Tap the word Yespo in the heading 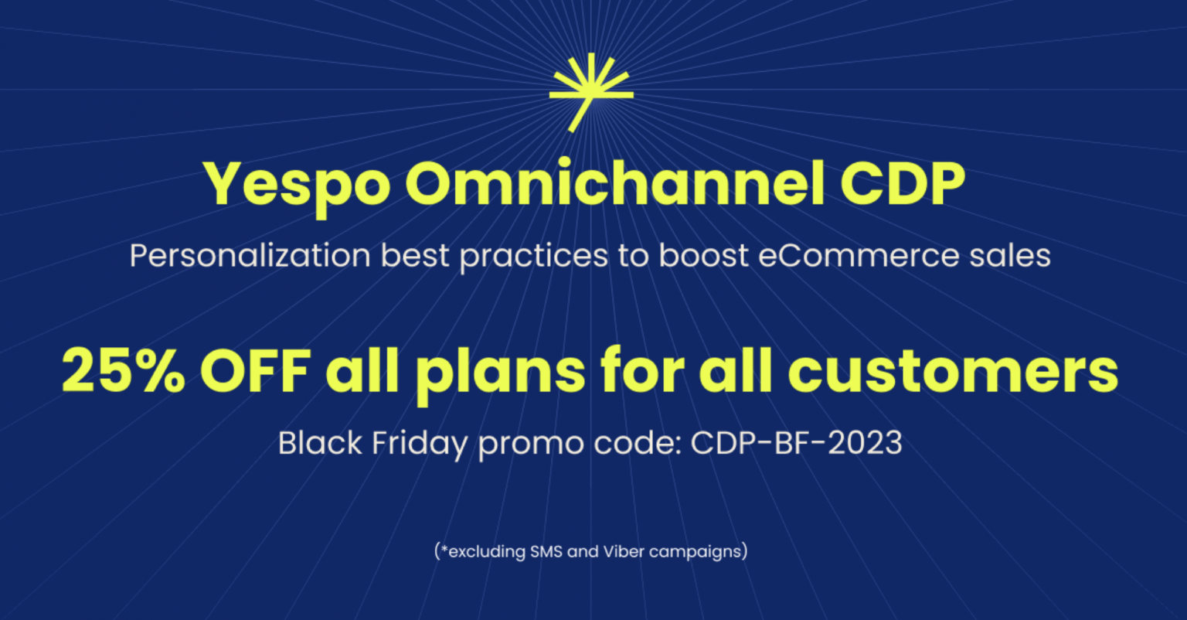click(293, 185)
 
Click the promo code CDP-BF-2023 click(796, 444)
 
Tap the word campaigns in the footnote click(693, 553)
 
